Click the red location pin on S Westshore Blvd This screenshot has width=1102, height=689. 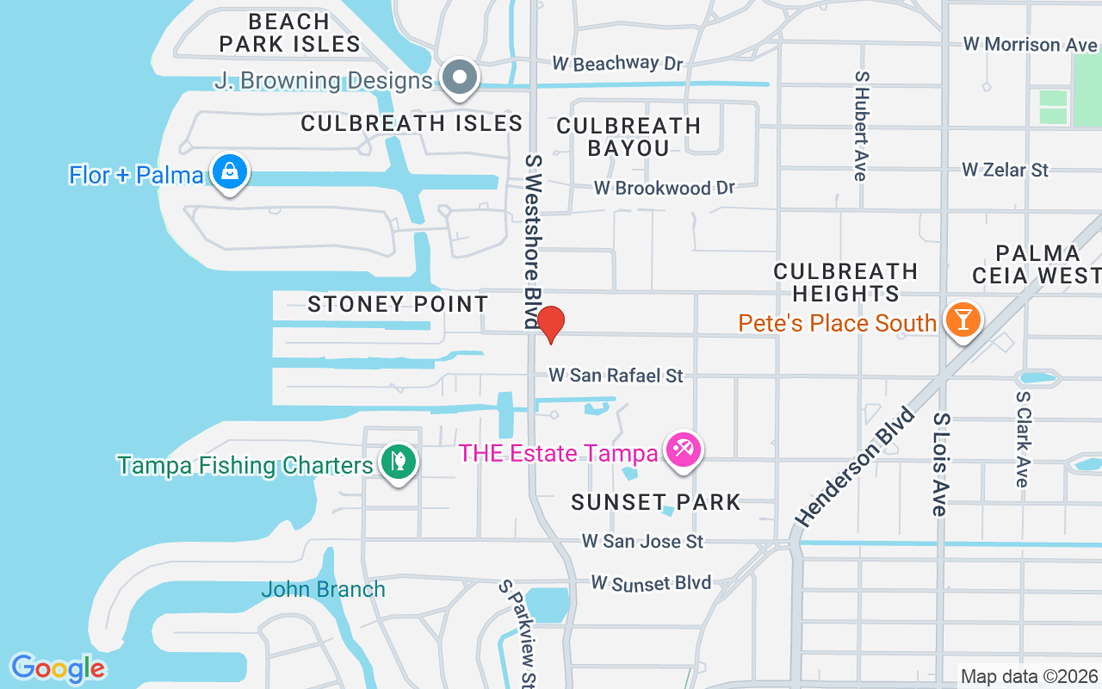coord(550,324)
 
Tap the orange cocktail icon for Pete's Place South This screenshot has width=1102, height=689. coord(962,320)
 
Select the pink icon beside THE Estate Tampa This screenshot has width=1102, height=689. coord(684,450)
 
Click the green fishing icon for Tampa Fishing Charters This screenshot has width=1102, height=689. coord(398,462)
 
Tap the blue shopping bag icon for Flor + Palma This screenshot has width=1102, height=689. coord(230,171)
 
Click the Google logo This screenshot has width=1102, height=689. coord(58,668)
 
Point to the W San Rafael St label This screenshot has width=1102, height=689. coord(616,376)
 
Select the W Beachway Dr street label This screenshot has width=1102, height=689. coord(616,64)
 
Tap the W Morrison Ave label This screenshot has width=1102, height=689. coord(1030,44)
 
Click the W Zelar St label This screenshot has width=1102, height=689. coord(1005,170)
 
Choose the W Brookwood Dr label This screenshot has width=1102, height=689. coord(665,188)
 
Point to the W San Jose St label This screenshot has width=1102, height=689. coord(642,541)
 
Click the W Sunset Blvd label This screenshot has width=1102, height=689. coord(651,583)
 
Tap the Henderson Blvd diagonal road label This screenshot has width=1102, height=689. coord(854,466)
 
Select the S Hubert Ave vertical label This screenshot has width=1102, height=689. coord(860,126)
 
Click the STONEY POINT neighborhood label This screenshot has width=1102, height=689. coord(398,304)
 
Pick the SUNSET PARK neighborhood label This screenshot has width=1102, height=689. coord(656,502)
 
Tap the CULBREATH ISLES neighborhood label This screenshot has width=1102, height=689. coord(412,123)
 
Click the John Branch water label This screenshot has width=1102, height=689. coord(323,590)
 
